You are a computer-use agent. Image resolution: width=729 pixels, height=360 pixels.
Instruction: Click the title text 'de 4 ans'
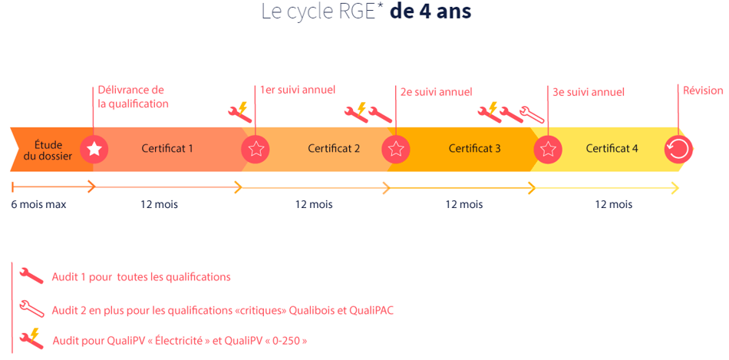(430, 12)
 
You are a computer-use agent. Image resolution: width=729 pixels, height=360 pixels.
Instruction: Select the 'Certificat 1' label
(167, 149)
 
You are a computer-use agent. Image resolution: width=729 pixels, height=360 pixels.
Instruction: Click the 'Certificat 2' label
(333, 149)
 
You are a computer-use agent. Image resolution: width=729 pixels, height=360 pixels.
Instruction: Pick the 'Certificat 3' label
(474, 149)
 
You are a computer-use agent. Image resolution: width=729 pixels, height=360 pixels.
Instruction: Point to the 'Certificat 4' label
(612, 149)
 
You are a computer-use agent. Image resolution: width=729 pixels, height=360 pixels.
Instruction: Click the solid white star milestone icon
(94, 149)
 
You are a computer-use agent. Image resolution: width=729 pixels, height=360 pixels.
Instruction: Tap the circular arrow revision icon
(678, 149)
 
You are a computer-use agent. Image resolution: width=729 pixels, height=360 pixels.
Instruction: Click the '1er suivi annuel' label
(298, 90)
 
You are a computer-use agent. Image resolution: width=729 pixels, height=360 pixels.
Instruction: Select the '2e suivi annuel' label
(436, 92)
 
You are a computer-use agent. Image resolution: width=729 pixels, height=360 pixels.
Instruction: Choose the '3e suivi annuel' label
(589, 92)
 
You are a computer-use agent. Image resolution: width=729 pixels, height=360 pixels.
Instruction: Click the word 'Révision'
(703, 91)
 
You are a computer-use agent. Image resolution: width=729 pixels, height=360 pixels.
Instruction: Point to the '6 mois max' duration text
(38, 204)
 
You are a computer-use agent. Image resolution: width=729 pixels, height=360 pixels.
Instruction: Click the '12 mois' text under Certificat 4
(613, 204)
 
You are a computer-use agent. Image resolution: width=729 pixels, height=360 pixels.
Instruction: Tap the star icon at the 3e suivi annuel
(548, 149)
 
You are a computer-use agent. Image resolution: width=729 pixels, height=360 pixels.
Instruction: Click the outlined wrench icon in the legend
(31, 309)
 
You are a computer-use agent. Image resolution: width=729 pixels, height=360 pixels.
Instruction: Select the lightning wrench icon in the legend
(31, 338)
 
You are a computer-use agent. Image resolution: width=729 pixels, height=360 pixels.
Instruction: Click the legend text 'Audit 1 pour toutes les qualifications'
(141, 277)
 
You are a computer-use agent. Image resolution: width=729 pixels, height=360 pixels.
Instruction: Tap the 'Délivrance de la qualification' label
(133, 97)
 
